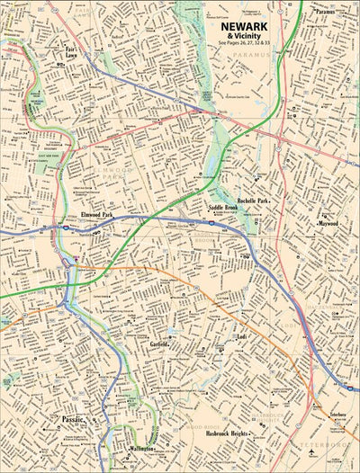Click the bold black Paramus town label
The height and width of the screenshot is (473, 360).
325,12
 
